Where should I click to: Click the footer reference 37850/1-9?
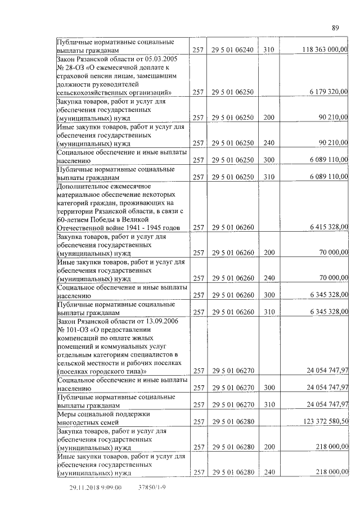152,488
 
